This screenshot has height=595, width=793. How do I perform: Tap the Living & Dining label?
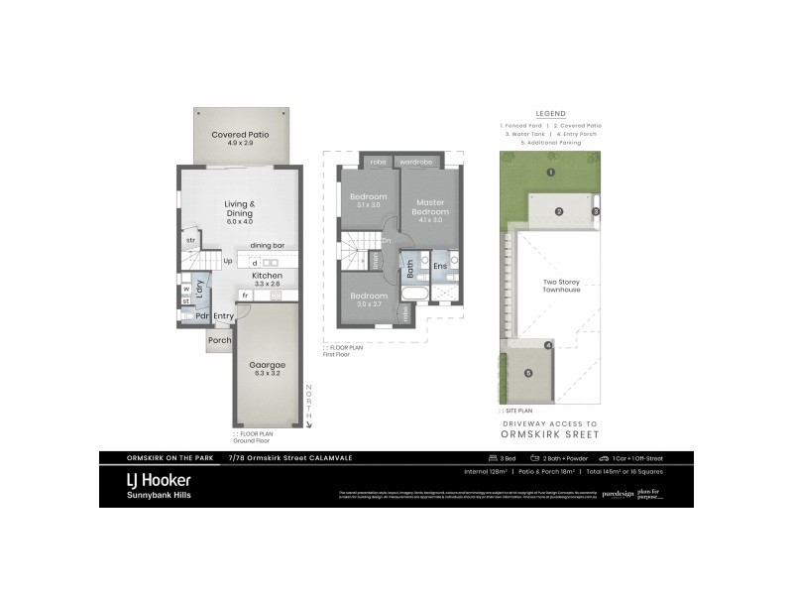point(239,208)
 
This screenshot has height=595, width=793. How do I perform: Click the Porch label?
point(219,340)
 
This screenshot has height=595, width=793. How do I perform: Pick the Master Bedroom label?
point(430,206)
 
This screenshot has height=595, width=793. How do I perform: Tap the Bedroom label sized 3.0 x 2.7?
point(369,297)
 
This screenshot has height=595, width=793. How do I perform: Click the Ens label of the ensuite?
point(440,266)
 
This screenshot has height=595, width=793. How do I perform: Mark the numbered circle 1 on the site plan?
point(549,172)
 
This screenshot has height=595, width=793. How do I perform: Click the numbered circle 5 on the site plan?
point(528,373)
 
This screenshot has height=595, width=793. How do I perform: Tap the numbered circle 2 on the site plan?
point(558,211)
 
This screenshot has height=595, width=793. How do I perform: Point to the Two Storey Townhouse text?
point(562,286)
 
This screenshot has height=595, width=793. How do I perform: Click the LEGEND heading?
point(550,113)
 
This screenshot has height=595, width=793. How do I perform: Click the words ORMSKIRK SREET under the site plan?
point(551,432)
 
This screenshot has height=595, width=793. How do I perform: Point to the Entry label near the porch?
point(224,316)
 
